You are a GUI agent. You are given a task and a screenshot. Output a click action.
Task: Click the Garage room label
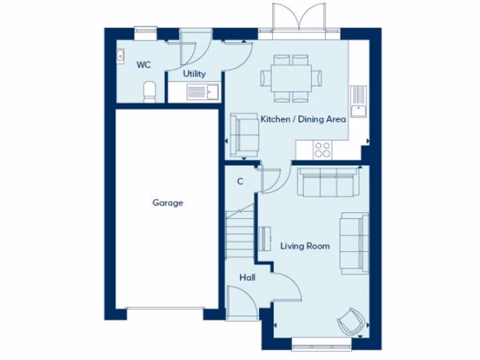coord(167,203)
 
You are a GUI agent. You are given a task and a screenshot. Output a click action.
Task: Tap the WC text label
coord(144,65)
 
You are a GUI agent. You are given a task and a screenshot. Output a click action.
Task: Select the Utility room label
coord(194,74)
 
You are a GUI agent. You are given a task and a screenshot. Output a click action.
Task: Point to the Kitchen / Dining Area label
coord(303,119)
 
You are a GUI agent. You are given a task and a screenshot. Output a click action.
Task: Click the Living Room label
coord(305,246)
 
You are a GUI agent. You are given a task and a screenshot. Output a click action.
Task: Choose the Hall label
coord(247,277)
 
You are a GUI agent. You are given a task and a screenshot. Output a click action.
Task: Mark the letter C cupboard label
coord(240,181)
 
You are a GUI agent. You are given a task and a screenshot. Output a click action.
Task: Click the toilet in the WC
coord(150,91)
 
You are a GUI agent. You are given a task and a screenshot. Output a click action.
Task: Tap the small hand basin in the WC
coord(120,55)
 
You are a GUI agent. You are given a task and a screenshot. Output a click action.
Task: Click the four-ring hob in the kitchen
coord(322,150)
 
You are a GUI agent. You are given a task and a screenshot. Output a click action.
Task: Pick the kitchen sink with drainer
coord(359,101)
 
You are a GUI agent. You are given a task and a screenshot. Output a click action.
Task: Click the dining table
coord(291,78)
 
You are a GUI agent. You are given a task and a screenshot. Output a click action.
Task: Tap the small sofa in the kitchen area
coord(244,135)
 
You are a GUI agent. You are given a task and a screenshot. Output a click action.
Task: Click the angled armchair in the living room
coord(351,321)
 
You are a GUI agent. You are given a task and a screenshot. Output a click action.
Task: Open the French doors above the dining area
coord(299,19)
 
